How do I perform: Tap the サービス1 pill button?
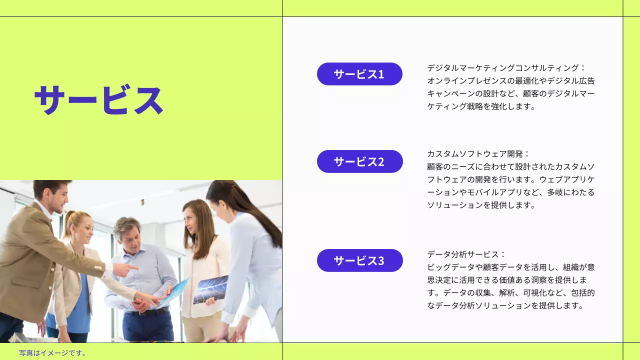point(359,74)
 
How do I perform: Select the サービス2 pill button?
point(359,161)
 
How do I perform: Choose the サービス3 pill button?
point(359,260)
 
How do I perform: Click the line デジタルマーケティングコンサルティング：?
point(506,67)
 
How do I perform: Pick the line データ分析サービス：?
point(466,254)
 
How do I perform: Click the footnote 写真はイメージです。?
point(53,353)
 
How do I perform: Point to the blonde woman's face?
point(83,231)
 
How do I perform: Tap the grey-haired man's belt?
point(148,311)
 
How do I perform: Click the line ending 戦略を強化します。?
point(481,106)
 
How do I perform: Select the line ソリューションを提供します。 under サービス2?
point(481,205)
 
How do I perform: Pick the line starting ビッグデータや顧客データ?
point(510,267)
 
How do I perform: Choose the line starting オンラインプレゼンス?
point(510,80)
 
